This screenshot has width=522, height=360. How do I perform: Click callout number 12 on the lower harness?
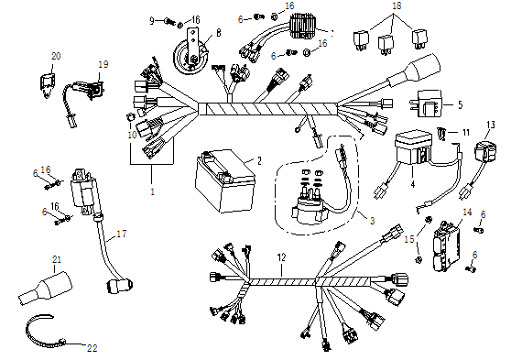(x=282, y=259)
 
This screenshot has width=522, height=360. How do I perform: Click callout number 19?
(x=103, y=64)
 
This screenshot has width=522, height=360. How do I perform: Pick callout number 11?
(x=466, y=133)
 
